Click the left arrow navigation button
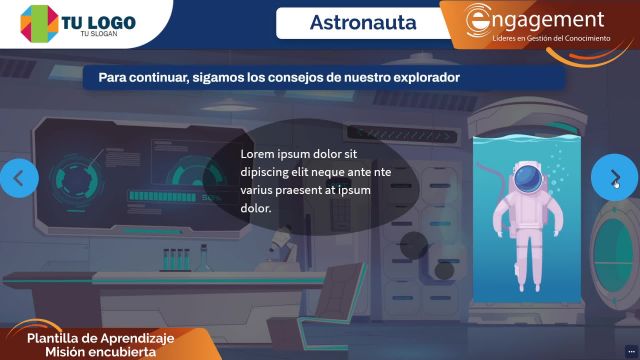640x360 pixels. pyautogui.click(x=19, y=177)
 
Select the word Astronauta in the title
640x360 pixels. pyautogui.click(x=363, y=22)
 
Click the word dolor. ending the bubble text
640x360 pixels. pyautogui.click(x=256, y=208)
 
